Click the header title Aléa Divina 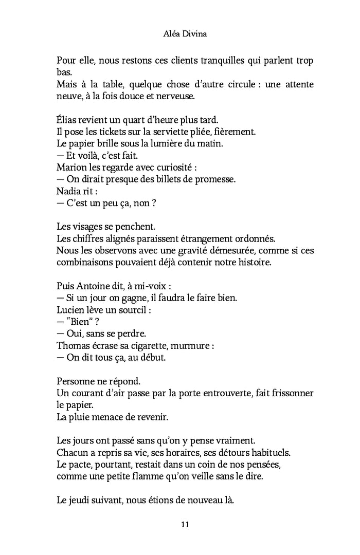point(179,36)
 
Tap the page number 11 point(186,524)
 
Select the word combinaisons point(86,262)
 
